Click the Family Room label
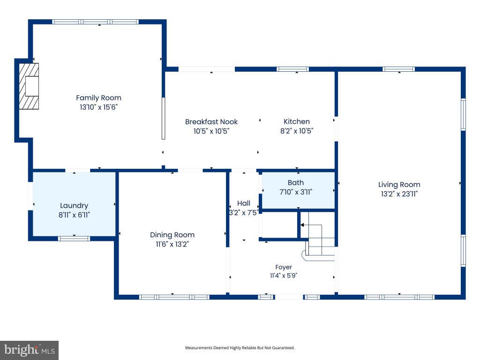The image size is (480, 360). coord(98,98)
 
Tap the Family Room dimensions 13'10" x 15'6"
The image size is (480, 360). coord(98,107)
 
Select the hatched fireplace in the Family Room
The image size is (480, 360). coord(29,86)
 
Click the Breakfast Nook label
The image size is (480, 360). coord(211,122)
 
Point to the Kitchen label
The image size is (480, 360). coord(297,121)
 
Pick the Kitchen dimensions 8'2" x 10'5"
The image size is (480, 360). coord(297,131)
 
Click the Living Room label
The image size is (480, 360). coord(399,185)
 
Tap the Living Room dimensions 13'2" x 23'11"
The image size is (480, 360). coord(399,194)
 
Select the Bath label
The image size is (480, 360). coord(296,183)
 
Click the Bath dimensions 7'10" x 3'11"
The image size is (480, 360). coord(296,192)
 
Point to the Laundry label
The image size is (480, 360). coord(74,206)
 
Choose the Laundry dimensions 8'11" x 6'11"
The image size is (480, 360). coord(74,215)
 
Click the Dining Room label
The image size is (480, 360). coord(172,235)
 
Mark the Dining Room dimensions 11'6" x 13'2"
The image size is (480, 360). coord(172,244)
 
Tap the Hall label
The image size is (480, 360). coord(244,203)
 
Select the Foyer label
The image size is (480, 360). coord(284,267)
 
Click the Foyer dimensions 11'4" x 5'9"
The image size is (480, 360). coord(284,276)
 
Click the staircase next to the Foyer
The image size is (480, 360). coord(318,236)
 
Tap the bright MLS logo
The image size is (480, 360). coord(30,350)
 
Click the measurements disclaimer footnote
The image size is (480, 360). coord(240,348)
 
